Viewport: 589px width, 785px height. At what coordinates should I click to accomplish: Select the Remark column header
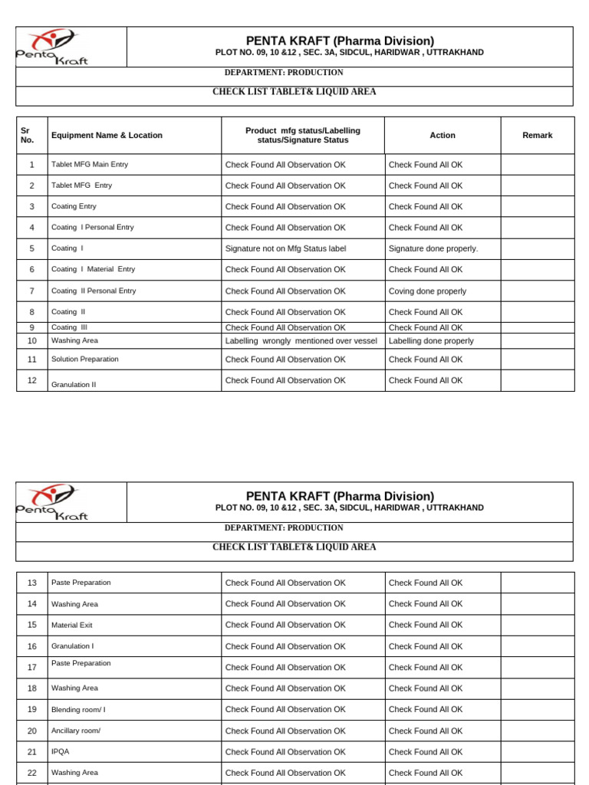(x=537, y=135)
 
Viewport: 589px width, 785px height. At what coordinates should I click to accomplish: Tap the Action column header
(x=443, y=135)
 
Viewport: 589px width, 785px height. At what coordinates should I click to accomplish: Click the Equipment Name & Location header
(x=107, y=135)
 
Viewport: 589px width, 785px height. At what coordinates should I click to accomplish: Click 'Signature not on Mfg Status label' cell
(x=285, y=248)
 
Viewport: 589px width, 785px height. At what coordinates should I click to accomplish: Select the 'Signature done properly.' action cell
(x=433, y=248)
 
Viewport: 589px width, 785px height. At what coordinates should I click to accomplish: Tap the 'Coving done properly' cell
(x=427, y=291)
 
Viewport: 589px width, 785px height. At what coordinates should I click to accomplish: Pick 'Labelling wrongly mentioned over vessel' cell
(x=301, y=341)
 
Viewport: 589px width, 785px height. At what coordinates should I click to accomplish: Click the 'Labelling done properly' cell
(x=431, y=341)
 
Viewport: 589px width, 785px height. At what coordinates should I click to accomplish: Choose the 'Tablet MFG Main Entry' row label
(x=90, y=164)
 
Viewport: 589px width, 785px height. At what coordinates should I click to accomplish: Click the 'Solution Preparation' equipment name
(x=85, y=359)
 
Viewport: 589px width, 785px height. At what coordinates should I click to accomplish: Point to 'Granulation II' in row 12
(x=74, y=385)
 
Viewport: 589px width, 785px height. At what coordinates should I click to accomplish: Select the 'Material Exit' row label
(x=71, y=625)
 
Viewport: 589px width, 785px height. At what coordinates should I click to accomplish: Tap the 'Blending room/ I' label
(x=78, y=709)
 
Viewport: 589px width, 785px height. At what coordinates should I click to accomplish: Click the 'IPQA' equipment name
(x=61, y=751)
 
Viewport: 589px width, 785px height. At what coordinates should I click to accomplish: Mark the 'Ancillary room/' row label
(x=76, y=731)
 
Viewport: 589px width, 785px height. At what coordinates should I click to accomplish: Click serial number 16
(x=31, y=646)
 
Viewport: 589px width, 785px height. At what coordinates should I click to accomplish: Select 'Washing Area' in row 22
(x=74, y=773)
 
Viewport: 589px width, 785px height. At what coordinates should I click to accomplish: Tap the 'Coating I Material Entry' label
(x=93, y=269)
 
